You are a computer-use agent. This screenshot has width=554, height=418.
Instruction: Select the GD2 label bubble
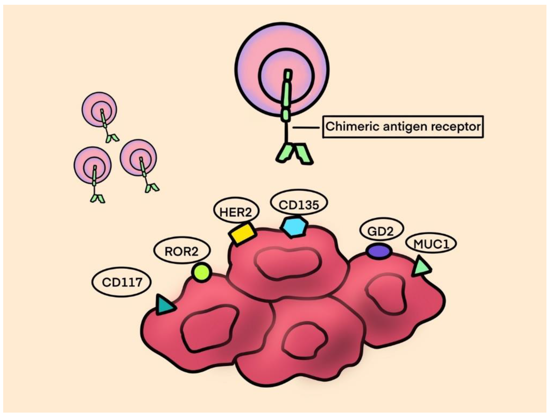pos(381,231)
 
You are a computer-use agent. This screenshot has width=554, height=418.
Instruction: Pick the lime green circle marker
pos(202,272)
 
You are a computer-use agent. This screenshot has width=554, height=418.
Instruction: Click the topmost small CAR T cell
pos(99,110)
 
